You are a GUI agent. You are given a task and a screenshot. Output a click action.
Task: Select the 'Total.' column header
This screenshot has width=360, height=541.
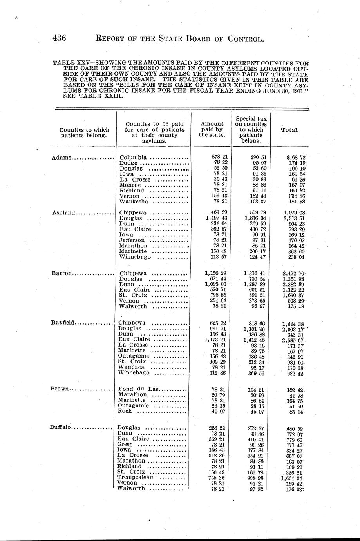coord(290,130)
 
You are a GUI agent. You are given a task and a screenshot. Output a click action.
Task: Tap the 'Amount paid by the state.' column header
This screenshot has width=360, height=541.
coord(212,129)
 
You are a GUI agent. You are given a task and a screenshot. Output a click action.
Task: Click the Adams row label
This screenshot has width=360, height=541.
coord(62,158)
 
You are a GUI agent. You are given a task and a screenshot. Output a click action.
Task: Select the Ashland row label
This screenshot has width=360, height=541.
coord(63,212)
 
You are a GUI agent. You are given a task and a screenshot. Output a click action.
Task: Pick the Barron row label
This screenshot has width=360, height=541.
coord(62,273)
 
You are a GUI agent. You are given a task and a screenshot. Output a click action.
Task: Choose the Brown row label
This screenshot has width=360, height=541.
coord(60,389)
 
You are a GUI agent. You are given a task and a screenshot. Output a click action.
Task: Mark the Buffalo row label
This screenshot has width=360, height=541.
coord(60,427)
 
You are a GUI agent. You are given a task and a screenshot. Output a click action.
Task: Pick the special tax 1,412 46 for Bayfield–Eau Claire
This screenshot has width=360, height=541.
coord(255,339)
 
